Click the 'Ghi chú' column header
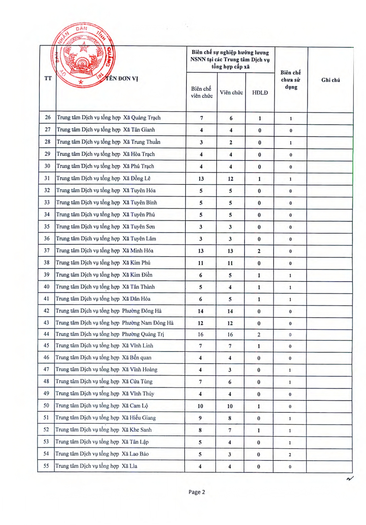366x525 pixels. click(x=330, y=80)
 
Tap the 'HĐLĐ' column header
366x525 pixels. click(x=260, y=93)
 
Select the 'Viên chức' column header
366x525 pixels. click(x=231, y=92)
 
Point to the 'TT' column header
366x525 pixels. click(x=48, y=78)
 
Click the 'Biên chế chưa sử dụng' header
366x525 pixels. click(x=291, y=80)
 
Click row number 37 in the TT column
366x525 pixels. click(x=47, y=250)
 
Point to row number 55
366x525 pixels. click(x=46, y=466)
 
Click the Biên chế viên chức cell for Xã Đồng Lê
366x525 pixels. click(x=201, y=179)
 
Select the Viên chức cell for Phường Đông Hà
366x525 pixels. click(x=230, y=311)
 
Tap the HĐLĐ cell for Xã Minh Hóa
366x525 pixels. click(x=259, y=251)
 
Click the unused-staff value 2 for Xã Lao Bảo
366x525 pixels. click(x=290, y=454)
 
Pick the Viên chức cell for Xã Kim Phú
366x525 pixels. click(x=230, y=263)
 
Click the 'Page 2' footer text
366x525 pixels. click(x=197, y=492)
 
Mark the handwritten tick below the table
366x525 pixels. click(x=350, y=478)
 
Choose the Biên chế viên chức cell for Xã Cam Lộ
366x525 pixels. click(x=200, y=406)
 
